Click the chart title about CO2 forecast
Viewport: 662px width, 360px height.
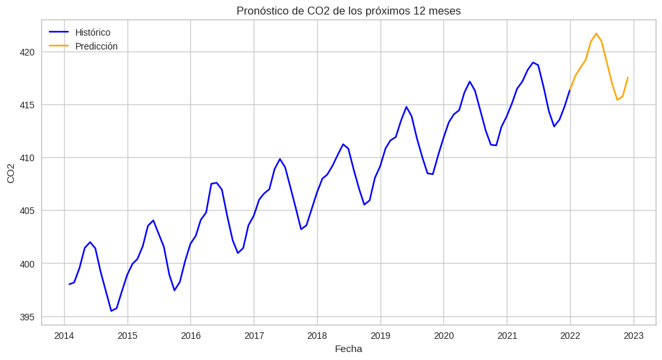(x=348, y=11)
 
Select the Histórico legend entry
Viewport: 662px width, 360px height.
(x=92, y=32)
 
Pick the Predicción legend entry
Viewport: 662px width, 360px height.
(x=96, y=46)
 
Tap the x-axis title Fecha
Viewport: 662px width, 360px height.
(x=348, y=349)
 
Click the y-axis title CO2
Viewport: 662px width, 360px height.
(x=11, y=172)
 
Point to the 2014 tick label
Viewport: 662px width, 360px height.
(x=64, y=336)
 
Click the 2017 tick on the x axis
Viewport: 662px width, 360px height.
(x=254, y=336)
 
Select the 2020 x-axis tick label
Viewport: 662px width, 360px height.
(x=443, y=336)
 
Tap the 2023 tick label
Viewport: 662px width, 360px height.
(x=634, y=336)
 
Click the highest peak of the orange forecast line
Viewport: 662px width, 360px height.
(x=596, y=34)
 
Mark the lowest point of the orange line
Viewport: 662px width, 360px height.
(x=617, y=100)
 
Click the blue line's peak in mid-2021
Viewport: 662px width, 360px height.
(x=533, y=62)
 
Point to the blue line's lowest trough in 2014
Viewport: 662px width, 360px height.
(x=111, y=311)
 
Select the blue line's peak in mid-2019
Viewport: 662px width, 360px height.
(x=406, y=107)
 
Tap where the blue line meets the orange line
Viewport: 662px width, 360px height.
(x=570, y=90)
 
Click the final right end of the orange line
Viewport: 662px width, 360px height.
(x=628, y=77)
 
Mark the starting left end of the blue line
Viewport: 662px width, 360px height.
(x=69, y=284)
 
